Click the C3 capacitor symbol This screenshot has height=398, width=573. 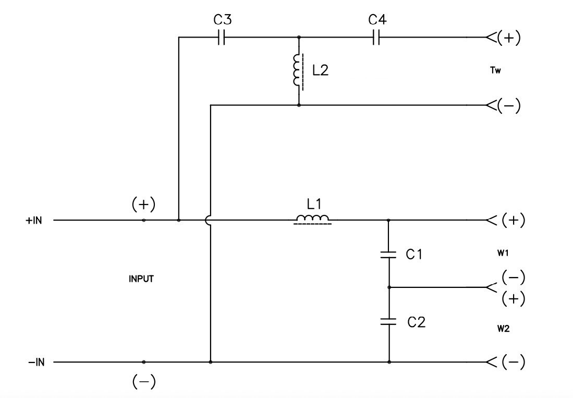coord(221,38)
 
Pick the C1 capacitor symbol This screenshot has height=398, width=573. coord(389,255)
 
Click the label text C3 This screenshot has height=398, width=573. coord(223,21)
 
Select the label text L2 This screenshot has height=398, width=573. coord(320,71)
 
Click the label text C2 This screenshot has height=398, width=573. coord(416,322)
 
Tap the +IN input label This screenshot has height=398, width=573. coord(33,220)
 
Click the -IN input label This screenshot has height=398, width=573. coord(35,362)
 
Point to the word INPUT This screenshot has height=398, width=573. coord(141,279)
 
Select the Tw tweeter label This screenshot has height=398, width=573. coord(495,71)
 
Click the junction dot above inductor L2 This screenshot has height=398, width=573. coord(298,38)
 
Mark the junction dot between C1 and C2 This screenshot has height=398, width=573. coord(389,287)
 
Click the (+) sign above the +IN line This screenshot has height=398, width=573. coord(143,204)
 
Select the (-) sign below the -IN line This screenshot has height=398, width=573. coord(143,382)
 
